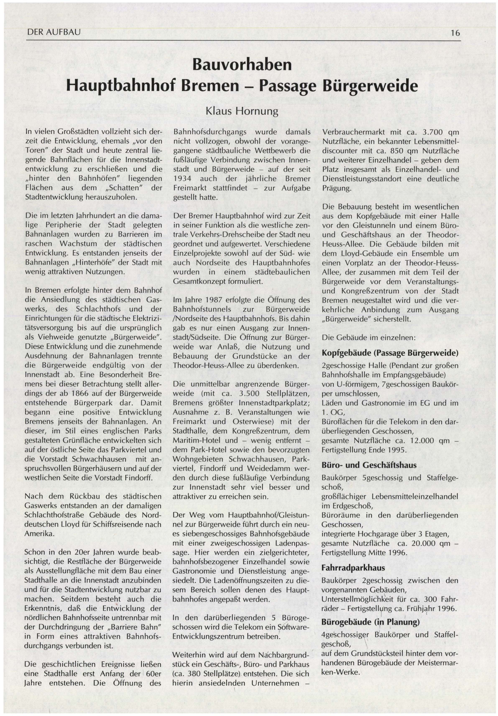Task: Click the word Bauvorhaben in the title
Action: click(242, 65)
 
